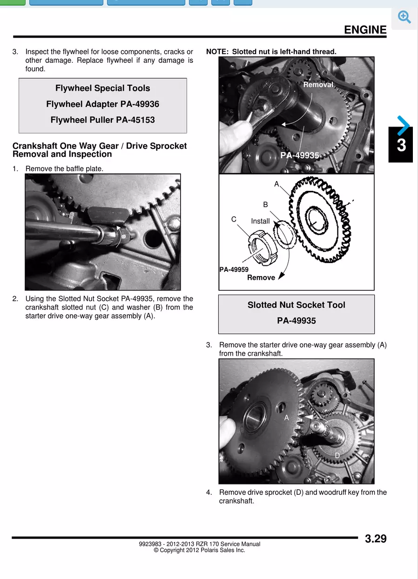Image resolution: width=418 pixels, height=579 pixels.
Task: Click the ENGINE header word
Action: (x=365, y=30)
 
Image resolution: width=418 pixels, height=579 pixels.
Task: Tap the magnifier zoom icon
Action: (x=405, y=17)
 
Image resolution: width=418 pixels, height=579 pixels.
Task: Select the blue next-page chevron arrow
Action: (x=404, y=125)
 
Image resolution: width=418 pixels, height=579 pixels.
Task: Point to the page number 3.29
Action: (x=375, y=539)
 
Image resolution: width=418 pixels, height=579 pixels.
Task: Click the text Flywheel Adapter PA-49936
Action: (x=102, y=104)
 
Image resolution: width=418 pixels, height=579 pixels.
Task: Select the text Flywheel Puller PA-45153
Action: (x=102, y=120)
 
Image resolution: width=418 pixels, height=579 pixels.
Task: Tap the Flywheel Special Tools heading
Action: (x=102, y=88)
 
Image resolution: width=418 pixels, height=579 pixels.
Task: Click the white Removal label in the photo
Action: (x=318, y=85)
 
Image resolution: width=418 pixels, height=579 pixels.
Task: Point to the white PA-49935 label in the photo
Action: (x=299, y=155)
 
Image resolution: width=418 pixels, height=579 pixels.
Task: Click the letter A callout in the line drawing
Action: (x=276, y=184)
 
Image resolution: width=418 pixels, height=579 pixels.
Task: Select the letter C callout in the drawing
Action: (x=234, y=219)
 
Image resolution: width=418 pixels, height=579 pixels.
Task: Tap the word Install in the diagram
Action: (x=260, y=222)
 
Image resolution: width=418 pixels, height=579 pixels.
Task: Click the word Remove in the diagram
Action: (x=261, y=278)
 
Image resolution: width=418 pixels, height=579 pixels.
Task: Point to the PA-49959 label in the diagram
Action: (x=234, y=269)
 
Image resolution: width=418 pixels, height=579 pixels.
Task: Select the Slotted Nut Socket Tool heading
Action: (x=296, y=305)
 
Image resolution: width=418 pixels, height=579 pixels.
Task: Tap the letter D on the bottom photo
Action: (x=337, y=455)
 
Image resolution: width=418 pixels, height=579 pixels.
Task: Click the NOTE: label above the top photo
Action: (x=217, y=52)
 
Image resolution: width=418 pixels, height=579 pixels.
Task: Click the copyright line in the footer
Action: (x=199, y=550)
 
